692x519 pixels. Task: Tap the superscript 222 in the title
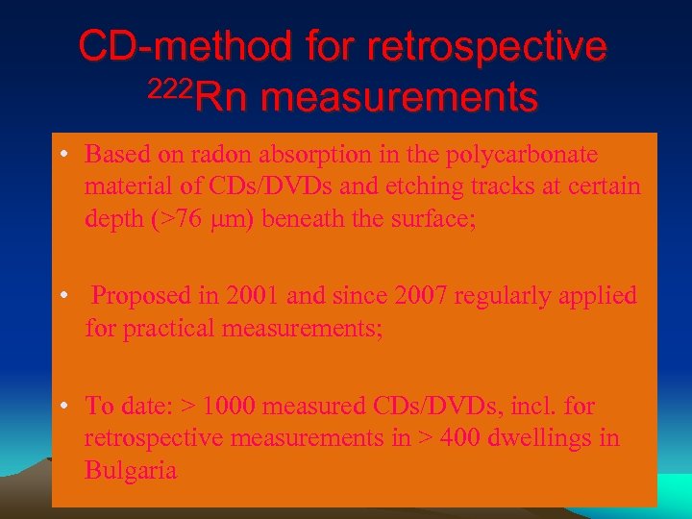click(171, 88)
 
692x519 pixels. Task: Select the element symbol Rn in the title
click(220, 96)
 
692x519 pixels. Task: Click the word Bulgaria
click(131, 471)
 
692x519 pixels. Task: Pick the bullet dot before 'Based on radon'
click(61, 154)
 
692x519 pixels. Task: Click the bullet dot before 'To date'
click(61, 406)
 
